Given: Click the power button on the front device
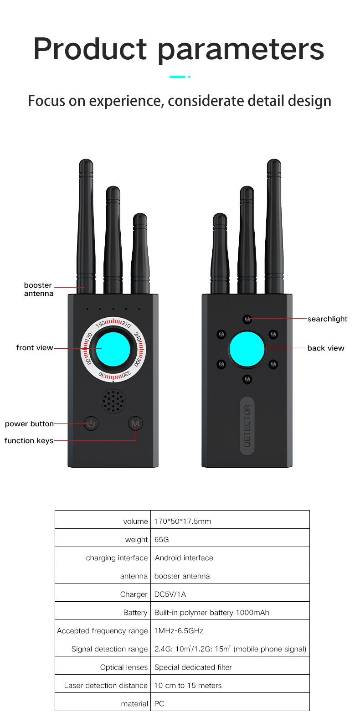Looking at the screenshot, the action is coord(91,423).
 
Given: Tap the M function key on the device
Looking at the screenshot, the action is coord(135,423).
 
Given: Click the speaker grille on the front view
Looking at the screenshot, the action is coord(113,401).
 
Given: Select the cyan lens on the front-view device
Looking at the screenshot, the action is coord(113,349).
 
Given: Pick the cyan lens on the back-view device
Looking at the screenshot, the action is coord(247,349).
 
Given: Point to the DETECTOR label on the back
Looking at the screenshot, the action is coord(247,426).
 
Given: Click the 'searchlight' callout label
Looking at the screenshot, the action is coord(327,319).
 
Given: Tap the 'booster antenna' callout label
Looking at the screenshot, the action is coord(38,289).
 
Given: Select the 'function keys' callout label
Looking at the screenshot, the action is coord(29,440).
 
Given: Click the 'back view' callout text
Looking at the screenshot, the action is coord(325,348).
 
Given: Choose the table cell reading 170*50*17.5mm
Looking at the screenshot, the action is coord(183,521).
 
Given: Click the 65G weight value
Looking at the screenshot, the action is coord(161,539).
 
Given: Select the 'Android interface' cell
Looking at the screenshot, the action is coord(184,558).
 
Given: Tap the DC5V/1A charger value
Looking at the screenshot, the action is coord(170,594).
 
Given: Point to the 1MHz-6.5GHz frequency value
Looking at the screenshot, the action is coord(179,630).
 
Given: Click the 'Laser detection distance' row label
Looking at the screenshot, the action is coord(106,686).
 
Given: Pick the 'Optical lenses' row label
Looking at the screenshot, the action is coord(124,667).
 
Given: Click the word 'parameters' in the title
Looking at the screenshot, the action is coord(241,49).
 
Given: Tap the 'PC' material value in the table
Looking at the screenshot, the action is coord(159,704).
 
